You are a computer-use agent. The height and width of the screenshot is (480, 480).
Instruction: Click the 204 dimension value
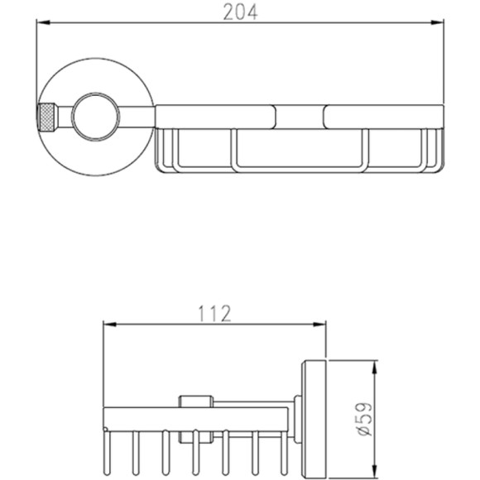coord(240,12)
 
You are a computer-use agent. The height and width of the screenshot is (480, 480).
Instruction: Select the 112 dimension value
coord(215,313)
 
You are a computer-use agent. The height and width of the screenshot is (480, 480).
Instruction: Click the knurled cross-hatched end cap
coord(47,118)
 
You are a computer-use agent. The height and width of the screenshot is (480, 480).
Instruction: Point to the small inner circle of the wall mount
coord(95,117)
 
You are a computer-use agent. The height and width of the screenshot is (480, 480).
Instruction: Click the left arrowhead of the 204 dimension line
coord(43,22)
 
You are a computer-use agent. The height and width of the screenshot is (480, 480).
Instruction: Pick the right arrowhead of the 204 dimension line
coord(437,22)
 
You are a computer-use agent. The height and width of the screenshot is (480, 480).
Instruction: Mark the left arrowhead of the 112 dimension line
coord(110,324)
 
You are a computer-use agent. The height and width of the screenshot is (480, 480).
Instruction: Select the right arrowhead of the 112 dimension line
coord(319,324)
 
